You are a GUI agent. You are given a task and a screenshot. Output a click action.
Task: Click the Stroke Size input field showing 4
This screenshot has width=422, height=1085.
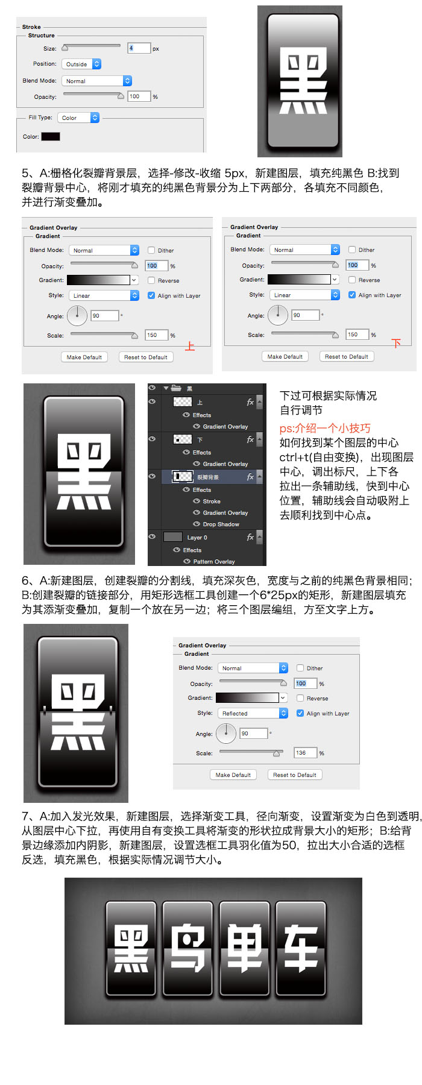pos(139,48)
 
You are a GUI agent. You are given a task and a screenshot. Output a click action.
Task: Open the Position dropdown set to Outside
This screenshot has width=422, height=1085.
pos(81,64)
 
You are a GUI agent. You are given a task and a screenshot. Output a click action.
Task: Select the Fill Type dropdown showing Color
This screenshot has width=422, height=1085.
pos(78,118)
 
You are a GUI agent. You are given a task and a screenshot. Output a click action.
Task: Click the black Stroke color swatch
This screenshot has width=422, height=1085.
pos(51,136)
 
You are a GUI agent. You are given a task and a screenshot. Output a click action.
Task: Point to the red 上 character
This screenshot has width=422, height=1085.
pos(190,347)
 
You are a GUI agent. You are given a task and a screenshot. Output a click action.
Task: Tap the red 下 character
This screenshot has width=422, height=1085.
pos(396,344)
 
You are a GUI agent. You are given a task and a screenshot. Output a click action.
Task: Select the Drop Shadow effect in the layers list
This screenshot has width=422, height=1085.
pos(221,524)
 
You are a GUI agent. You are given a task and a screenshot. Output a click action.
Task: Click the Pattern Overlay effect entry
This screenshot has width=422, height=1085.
pos(214,562)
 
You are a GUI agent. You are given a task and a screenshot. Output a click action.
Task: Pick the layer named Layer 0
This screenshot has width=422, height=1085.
pos(197,537)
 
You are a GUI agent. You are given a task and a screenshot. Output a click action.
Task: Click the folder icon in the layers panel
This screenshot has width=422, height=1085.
pos(177,388)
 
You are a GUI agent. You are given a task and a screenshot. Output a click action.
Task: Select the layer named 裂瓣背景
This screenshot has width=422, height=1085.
pos(208,477)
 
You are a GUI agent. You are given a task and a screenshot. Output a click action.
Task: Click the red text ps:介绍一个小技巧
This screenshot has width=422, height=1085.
pos(325,428)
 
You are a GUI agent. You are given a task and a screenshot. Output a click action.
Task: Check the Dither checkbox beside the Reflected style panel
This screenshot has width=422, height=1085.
pos(300,668)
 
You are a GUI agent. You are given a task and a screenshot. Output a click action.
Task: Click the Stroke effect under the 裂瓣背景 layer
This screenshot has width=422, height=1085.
pos(212,502)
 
